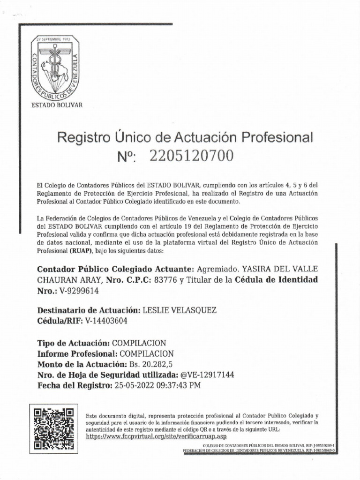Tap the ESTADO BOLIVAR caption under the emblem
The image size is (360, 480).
pyautogui.click(x=57, y=105)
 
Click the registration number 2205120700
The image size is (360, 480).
pyautogui.click(x=191, y=157)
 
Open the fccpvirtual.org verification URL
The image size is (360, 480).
pyautogui.click(x=157, y=436)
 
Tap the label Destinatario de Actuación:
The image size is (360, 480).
pyautogui.click(x=89, y=310)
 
